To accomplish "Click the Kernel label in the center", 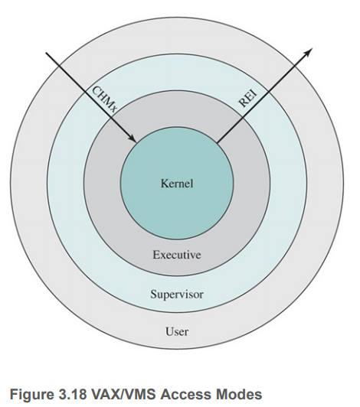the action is (x=177, y=184).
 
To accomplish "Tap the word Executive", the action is (x=177, y=255).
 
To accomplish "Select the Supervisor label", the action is (x=177, y=295).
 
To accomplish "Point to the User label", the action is (x=177, y=331).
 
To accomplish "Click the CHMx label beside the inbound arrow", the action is (x=104, y=100).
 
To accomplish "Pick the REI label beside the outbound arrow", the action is (x=248, y=98).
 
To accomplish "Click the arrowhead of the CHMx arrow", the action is (x=134, y=140).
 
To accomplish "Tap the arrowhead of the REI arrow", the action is (x=309, y=50).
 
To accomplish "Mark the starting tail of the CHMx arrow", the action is (x=46, y=53).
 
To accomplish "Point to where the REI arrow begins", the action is (x=217, y=142).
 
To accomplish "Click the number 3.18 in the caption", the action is (x=71, y=394).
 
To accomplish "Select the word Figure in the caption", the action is (x=31, y=395).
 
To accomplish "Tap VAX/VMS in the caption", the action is (x=123, y=394).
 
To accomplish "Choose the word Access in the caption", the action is (x=185, y=394).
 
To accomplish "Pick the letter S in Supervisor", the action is (x=153, y=294).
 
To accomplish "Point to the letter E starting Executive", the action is (x=156, y=255).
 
